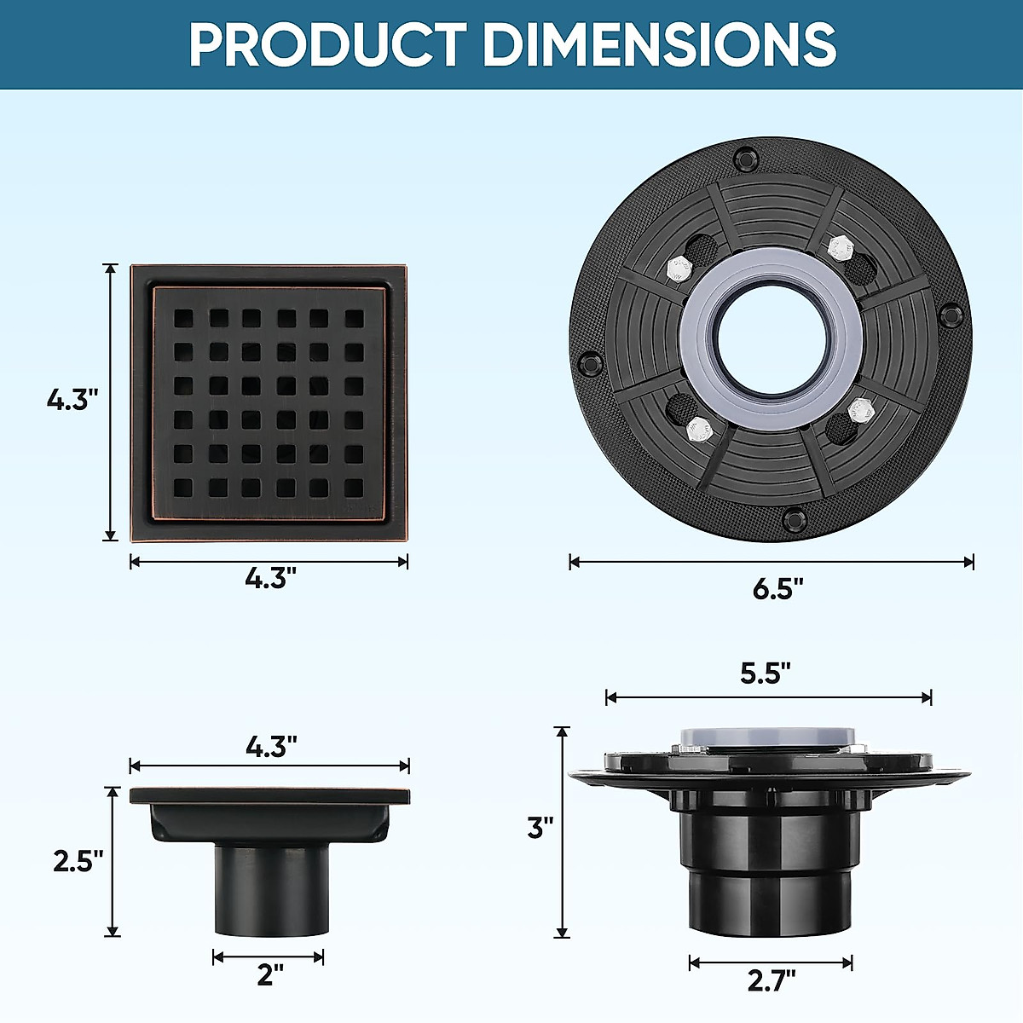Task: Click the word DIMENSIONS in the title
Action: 660,44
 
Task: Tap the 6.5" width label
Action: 777,589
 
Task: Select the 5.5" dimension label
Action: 765,673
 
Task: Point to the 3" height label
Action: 540,827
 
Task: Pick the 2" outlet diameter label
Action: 269,974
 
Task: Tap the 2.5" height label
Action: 78,861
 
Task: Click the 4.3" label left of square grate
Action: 72,399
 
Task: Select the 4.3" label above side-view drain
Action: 271,747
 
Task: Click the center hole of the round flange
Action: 772,339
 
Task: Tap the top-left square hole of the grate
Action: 183,319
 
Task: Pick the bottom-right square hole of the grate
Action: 353,488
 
